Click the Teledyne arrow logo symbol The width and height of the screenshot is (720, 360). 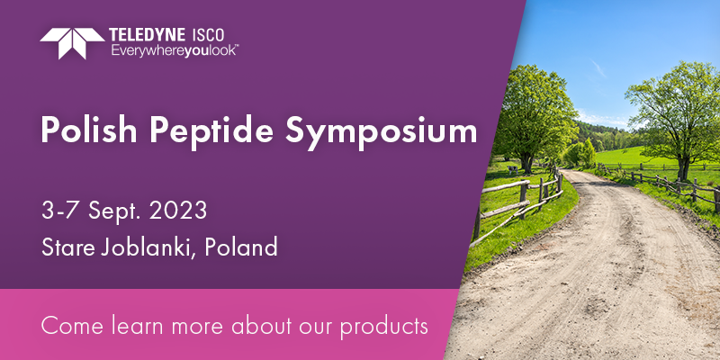point(72,43)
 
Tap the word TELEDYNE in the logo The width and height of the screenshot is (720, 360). point(148,35)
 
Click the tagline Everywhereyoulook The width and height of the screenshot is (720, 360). point(174,50)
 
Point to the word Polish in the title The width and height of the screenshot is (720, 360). point(88,130)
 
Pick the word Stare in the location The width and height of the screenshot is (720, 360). point(68,247)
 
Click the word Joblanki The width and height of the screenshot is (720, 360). point(148,248)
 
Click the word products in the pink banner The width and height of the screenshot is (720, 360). point(384,327)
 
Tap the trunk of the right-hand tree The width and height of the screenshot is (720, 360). point(684,166)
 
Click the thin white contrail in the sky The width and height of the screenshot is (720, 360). point(598,68)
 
